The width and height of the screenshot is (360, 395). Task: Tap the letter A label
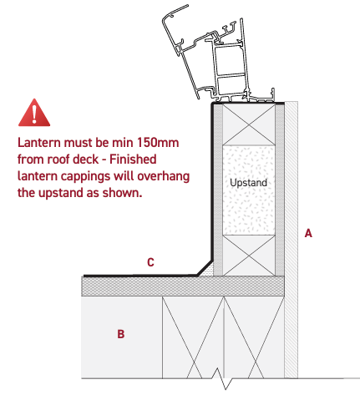point(308,234)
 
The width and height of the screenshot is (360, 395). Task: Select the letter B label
point(121,335)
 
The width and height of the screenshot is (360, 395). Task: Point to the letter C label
point(150,263)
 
